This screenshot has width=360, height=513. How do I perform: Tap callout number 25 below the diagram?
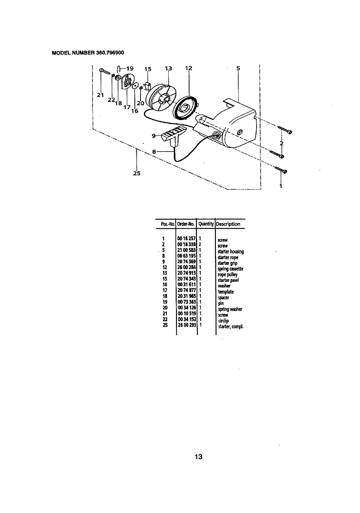[x=137, y=174]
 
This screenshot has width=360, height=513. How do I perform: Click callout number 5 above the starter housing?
[x=238, y=68]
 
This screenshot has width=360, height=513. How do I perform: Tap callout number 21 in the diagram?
[x=100, y=95]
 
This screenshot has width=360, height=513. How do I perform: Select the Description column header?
[x=228, y=224]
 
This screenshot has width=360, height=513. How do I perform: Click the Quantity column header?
[x=206, y=224]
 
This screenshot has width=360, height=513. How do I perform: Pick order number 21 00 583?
[x=186, y=250]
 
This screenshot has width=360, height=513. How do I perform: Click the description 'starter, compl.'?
[x=231, y=326]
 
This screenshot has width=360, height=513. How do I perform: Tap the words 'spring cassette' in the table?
[x=230, y=269]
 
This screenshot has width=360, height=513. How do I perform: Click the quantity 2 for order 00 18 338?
[x=200, y=245]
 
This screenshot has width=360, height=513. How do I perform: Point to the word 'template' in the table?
[x=226, y=292]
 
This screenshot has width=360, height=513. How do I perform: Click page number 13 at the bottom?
[x=198, y=457]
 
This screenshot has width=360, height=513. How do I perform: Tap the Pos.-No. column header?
[x=168, y=224]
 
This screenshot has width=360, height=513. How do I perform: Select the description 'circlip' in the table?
[x=223, y=321]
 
